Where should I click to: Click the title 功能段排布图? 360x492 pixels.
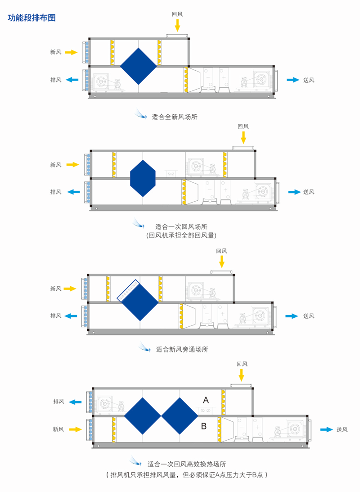tap(31, 18)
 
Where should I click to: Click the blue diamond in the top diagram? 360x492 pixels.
tap(139, 66)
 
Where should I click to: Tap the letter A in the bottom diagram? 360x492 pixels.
tap(206, 399)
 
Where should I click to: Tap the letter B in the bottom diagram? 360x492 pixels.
tap(203, 425)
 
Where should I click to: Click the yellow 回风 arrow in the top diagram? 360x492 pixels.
tap(177, 25)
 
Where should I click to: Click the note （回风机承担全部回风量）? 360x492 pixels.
tap(181, 235)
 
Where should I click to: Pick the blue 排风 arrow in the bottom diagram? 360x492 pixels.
tap(75, 402)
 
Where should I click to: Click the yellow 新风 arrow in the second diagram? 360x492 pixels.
tap(72, 165)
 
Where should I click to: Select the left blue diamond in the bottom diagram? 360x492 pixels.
tap(143, 415)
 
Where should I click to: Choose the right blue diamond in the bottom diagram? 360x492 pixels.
tap(180, 415)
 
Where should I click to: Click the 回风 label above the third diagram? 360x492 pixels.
tap(221, 251)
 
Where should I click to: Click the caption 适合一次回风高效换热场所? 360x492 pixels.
tap(190, 464)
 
